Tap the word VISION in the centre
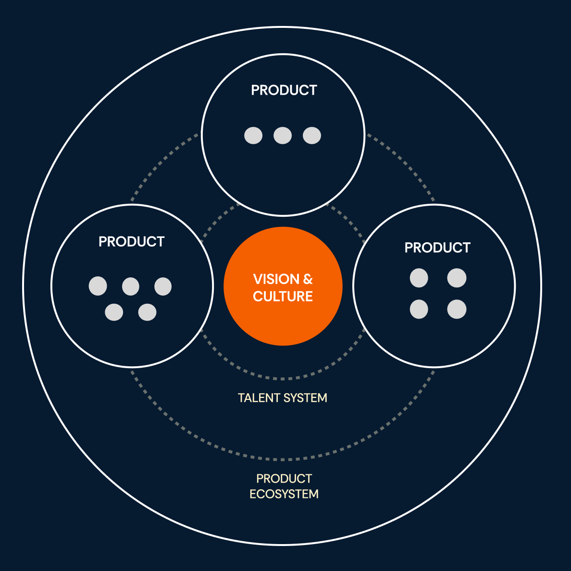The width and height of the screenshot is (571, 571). (276, 279)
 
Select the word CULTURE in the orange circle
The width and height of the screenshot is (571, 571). (283, 297)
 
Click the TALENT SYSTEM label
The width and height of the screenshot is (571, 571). (283, 398)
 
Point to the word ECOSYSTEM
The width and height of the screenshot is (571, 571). (284, 494)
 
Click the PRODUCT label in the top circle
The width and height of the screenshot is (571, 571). (284, 90)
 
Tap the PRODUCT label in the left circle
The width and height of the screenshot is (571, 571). (132, 242)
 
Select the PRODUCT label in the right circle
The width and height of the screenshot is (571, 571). (437, 248)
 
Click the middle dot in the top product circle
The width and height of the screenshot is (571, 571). (283, 136)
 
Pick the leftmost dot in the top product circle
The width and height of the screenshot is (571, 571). (253, 136)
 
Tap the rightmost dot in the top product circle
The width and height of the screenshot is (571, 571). (312, 136)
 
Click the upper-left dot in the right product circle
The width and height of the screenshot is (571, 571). (419, 278)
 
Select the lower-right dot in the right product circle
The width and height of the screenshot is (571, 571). (457, 309)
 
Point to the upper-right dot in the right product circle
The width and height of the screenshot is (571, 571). (457, 278)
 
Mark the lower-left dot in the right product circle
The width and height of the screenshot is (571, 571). (419, 309)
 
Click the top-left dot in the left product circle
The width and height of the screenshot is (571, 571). (98, 286)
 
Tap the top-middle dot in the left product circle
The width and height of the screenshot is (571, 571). (131, 286)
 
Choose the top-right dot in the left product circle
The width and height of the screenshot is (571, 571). (163, 286)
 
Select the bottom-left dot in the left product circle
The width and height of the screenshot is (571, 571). (114, 312)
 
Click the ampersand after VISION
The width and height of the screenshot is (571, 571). (308, 279)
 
